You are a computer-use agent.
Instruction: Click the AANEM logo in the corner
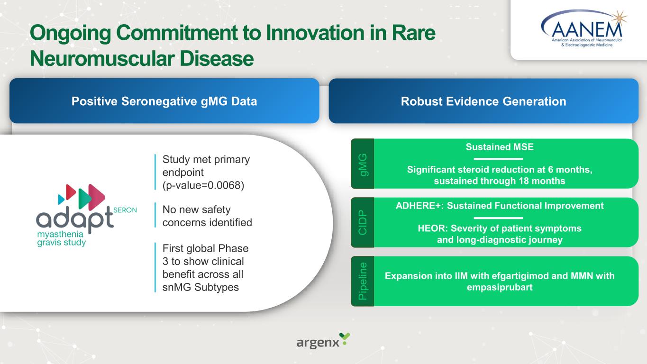(x=583, y=28)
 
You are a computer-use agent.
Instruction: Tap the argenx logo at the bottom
(x=323, y=341)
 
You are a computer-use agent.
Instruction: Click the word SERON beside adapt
(x=125, y=210)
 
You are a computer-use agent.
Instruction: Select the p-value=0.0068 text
(x=203, y=185)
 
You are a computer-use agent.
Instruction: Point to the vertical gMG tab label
(x=363, y=164)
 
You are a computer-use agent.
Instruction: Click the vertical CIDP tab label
(x=363, y=222)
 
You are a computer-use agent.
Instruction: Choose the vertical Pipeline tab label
(x=363, y=281)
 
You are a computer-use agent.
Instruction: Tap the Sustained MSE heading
(x=500, y=147)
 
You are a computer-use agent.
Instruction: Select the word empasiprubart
(x=500, y=287)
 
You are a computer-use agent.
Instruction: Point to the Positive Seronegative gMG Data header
(x=164, y=101)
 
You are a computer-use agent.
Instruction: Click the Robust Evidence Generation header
(x=483, y=101)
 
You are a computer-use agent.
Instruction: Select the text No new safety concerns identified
(x=207, y=216)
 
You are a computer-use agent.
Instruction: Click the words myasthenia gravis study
(x=62, y=238)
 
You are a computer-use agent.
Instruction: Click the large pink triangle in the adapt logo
(x=97, y=197)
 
